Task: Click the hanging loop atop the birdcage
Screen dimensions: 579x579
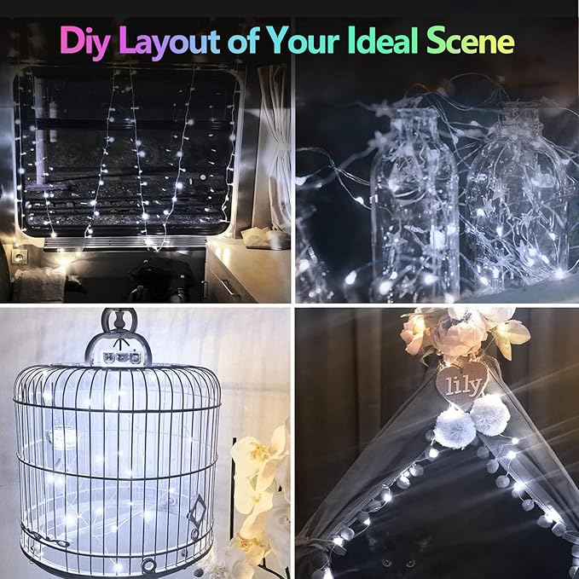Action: pos(119,323)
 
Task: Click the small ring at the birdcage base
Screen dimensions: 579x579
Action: pos(149,565)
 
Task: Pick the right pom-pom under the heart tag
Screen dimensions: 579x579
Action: pos(489,416)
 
